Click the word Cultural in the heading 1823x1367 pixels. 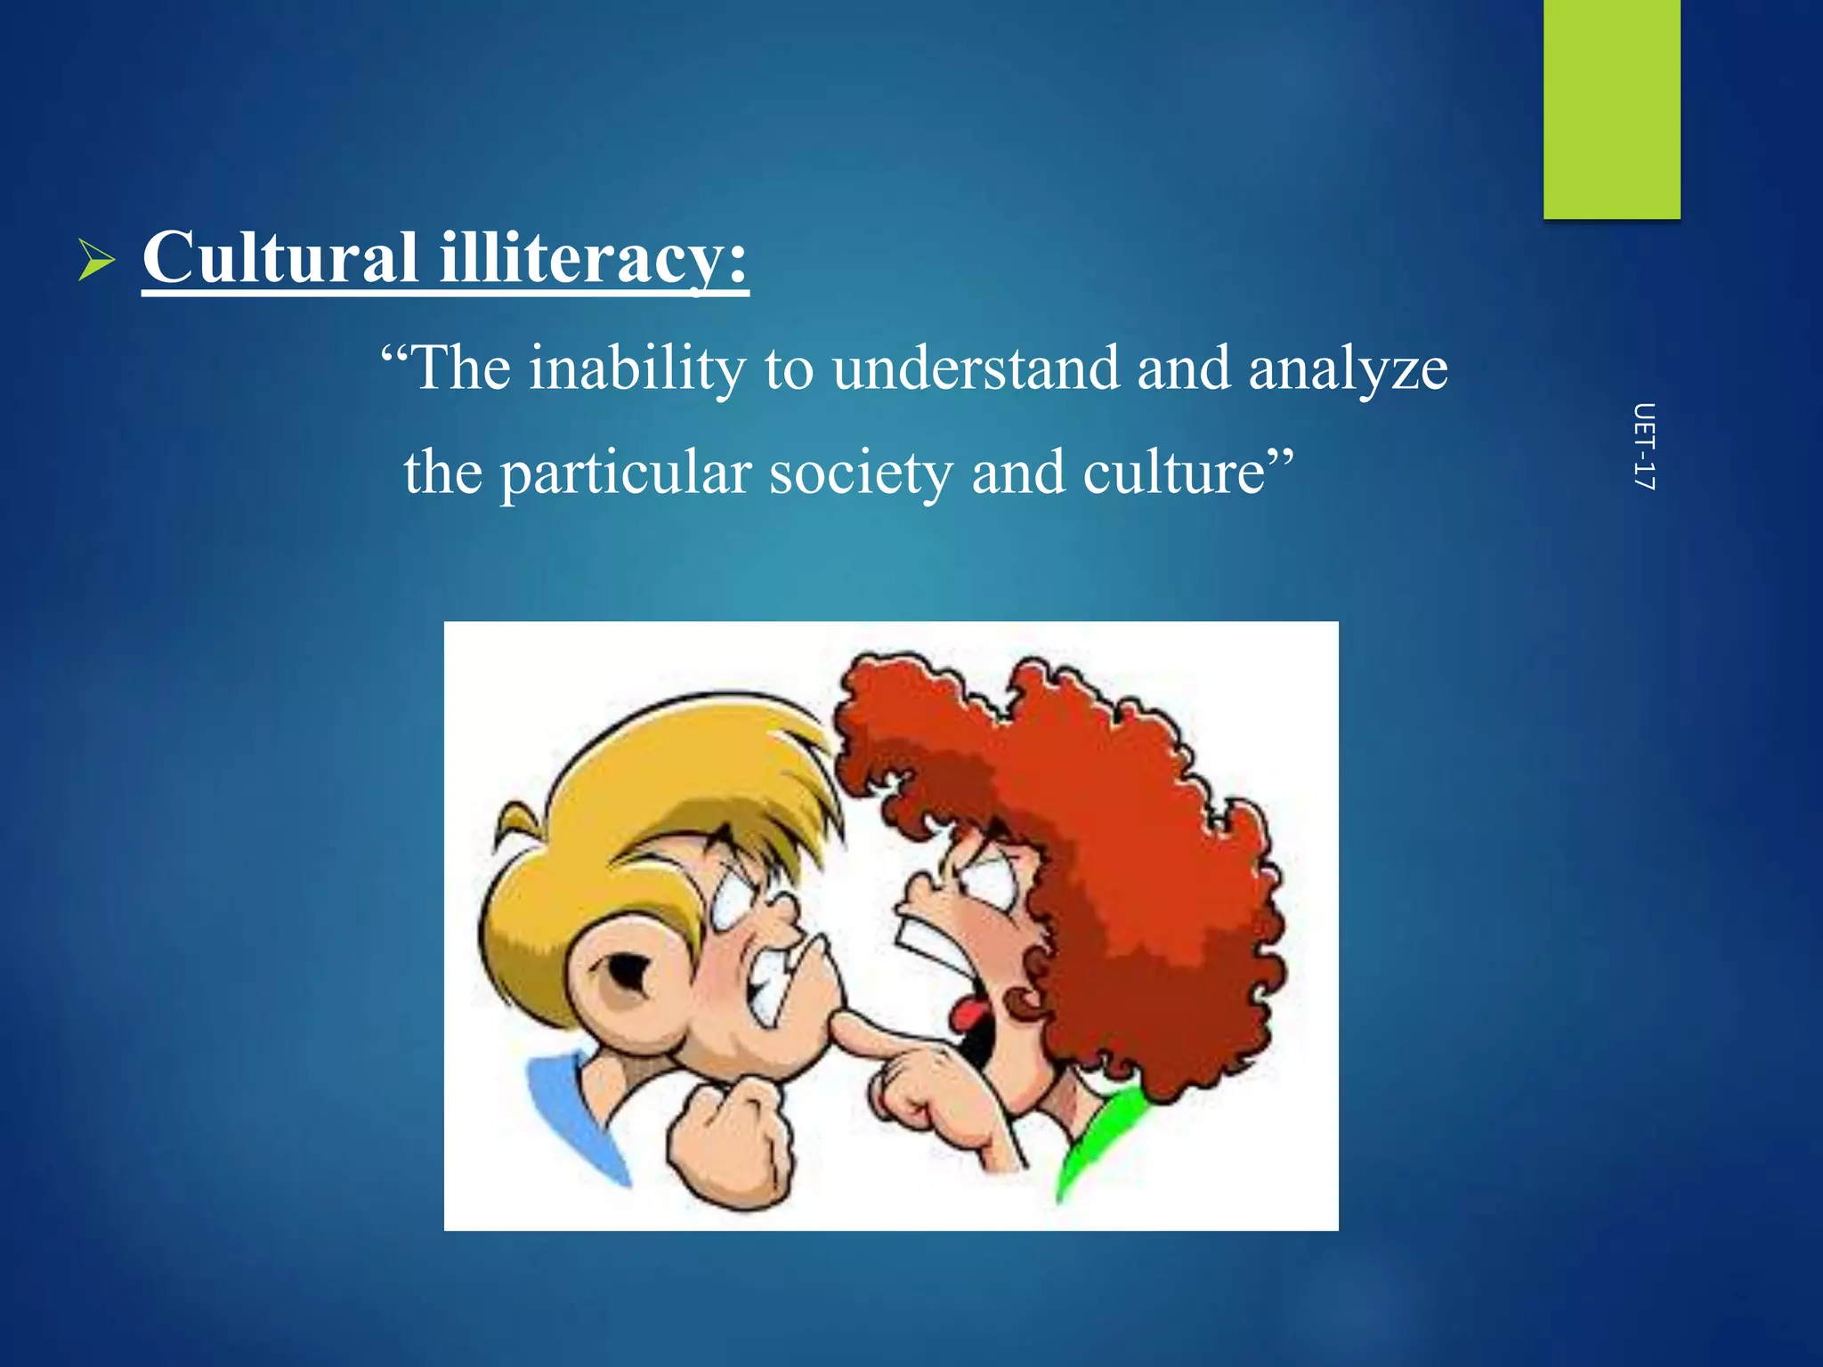[280, 258]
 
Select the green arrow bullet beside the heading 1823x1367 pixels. [96, 260]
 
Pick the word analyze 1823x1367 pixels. [1348, 370]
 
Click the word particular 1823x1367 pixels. [625, 473]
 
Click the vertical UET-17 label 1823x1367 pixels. [1644, 447]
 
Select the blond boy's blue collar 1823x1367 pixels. [570, 1112]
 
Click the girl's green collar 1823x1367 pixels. [1099, 1139]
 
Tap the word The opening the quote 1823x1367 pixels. [461, 368]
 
